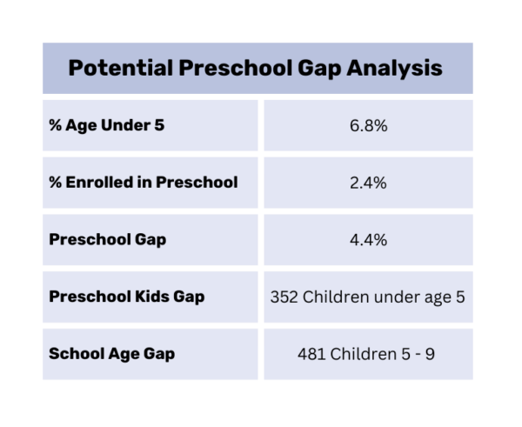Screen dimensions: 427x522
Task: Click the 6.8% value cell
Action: (367, 126)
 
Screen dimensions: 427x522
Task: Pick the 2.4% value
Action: (367, 183)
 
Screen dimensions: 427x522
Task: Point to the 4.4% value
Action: (367, 239)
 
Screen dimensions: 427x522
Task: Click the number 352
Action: (284, 297)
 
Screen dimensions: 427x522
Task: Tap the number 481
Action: (311, 353)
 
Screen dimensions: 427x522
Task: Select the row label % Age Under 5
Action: (107, 126)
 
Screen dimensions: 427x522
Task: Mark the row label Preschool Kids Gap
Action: (127, 297)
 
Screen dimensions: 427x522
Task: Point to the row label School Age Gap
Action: (112, 353)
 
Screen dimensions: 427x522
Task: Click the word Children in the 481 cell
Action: (361, 353)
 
